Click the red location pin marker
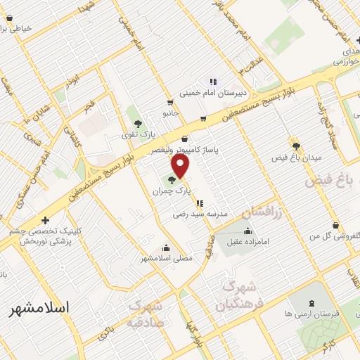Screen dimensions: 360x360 [181, 166]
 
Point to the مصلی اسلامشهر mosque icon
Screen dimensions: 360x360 [165, 247]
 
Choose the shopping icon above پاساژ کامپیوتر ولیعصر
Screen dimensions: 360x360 [185, 139]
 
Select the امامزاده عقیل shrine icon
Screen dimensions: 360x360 [247, 231]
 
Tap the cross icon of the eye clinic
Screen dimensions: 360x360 [46, 220]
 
